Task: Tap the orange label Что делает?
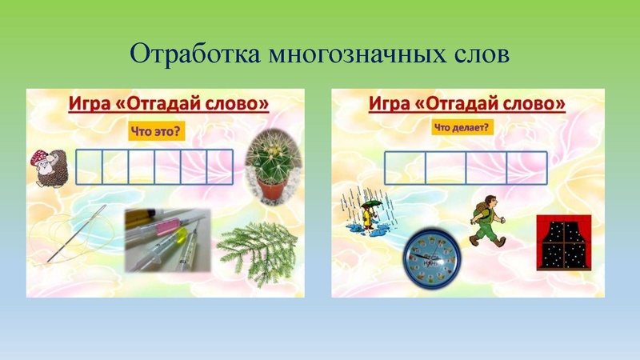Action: point(462,126)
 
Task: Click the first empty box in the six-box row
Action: point(90,166)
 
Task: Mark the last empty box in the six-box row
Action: point(220,166)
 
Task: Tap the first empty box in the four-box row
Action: point(404,167)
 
